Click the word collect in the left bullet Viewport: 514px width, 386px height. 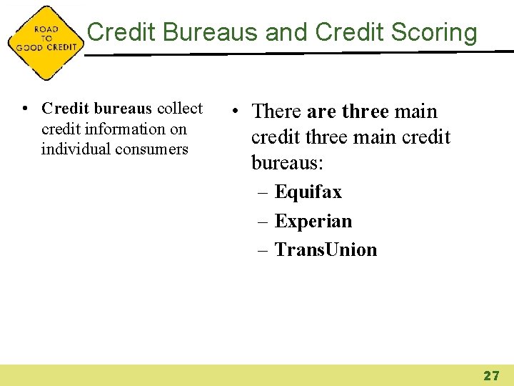(179, 109)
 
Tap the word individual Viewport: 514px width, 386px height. (74, 149)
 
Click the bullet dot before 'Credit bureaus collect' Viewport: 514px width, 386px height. (25, 109)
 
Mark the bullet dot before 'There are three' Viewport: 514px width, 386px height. (236, 112)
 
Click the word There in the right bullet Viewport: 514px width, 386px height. (277, 112)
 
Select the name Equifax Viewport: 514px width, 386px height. (308, 192)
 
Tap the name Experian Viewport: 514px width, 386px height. (313, 221)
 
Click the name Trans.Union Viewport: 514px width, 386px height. (326, 249)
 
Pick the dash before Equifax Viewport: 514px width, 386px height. (263, 192)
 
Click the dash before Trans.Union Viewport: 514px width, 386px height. (263, 249)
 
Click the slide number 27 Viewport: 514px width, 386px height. (491, 375)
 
